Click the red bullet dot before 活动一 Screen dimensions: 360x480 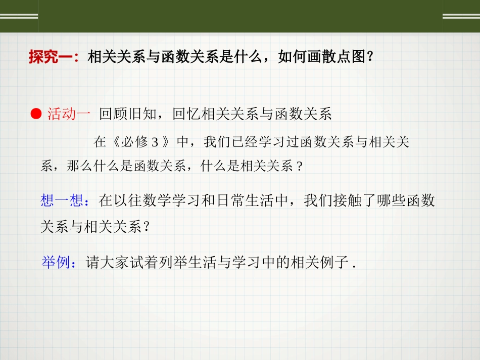[x=35, y=114]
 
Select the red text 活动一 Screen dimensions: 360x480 [x=69, y=115]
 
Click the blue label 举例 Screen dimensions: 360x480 [x=56, y=263]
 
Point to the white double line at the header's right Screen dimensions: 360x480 [x=461, y=16]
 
